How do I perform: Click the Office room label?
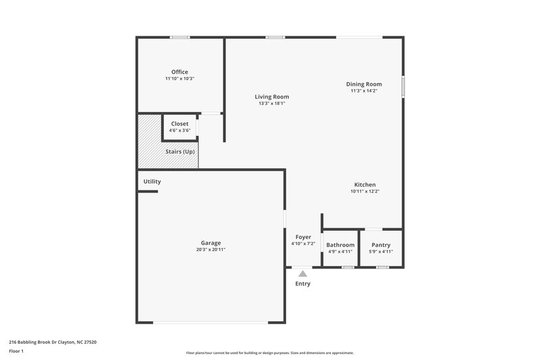click(180, 72)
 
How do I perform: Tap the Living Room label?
click(272, 97)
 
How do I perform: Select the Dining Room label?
click(364, 84)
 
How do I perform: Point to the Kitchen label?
click(365, 184)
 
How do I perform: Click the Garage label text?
click(211, 242)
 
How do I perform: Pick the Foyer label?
click(303, 237)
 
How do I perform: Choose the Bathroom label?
click(340, 245)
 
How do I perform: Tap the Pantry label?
click(381, 245)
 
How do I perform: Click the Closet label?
click(180, 124)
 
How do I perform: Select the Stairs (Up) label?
click(180, 152)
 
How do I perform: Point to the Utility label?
click(152, 182)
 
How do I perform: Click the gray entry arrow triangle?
click(303, 274)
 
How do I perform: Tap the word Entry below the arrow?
click(303, 284)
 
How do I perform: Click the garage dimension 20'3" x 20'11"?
click(211, 249)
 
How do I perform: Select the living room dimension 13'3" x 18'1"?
click(272, 103)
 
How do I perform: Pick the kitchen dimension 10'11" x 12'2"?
click(365, 191)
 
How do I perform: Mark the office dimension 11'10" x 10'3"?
click(180, 78)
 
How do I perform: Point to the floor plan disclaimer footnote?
click(270, 353)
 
